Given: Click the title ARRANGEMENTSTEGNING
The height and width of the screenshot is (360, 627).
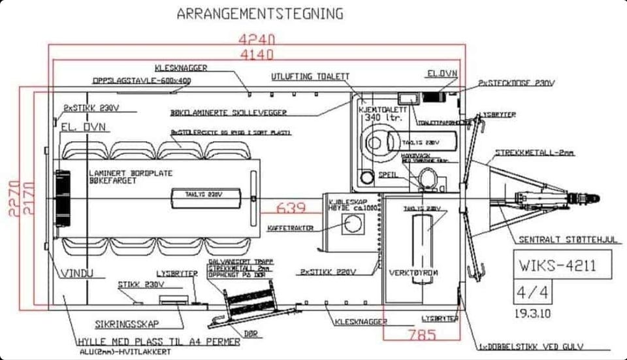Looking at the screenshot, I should click(259, 14).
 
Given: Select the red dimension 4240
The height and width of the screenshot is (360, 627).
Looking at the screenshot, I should click(257, 39).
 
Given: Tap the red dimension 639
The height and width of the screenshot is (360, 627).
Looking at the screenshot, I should click(291, 208).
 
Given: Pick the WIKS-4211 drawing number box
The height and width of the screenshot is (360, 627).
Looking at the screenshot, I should click(562, 265).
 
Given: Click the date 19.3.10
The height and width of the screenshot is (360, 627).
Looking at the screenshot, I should click(534, 313).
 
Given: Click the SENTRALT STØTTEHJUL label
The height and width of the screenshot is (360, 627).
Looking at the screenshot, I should click(568, 239).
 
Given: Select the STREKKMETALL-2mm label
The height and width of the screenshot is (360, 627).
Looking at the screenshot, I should click(534, 152).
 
